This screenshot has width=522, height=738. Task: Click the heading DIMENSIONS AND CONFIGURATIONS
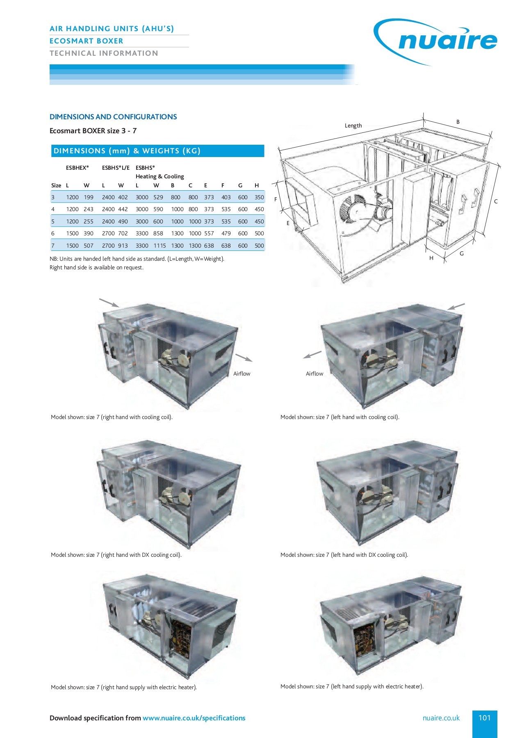(x=113, y=117)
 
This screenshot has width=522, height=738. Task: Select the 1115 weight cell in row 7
(x=160, y=246)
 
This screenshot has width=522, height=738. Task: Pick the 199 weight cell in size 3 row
(x=89, y=197)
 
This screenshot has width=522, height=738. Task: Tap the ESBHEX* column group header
(x=78, y=168)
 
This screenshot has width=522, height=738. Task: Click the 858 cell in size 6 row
(x=158, y=233)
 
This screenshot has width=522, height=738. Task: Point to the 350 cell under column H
(x=259, y=197)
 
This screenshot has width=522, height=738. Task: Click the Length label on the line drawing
(x=353, y=125)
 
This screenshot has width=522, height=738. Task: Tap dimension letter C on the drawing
(x=496, y=201)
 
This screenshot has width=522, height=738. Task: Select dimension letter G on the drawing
(x=462, y=253)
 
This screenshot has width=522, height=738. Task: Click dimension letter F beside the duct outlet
(x=276, y=199)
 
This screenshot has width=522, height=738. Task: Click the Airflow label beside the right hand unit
(x=242, y=374)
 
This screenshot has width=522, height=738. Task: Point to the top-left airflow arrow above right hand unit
(x=109, y=303)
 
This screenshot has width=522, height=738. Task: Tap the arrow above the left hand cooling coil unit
(x=456, y=306)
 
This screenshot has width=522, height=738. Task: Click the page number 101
(x=484, y=717)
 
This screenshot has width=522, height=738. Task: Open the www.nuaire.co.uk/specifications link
(x=194, y=718)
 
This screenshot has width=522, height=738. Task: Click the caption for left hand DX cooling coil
(x=344, y=555)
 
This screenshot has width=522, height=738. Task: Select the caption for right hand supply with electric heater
(x=124, y=687)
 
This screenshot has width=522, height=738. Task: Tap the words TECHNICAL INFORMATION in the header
(x=104, y=53)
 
